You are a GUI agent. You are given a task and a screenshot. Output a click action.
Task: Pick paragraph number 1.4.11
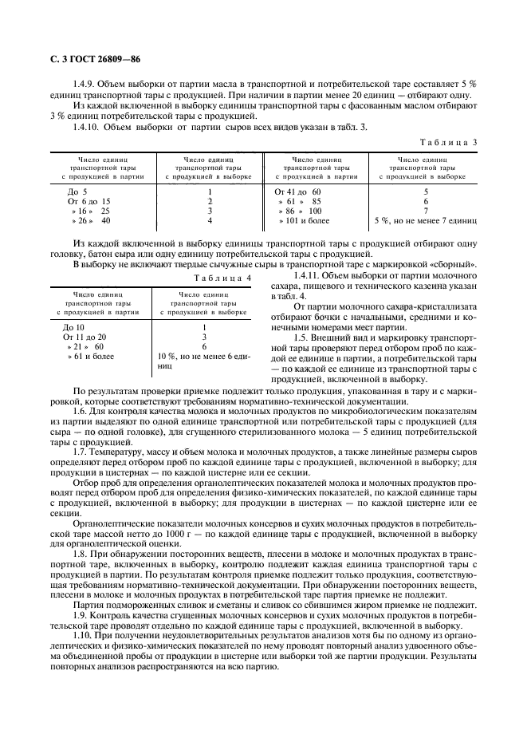click(x=308, y=275)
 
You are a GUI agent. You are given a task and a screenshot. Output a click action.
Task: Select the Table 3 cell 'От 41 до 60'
click(x=297, y=192)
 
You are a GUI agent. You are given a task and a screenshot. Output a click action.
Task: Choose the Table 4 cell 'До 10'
click(x=73, y=328)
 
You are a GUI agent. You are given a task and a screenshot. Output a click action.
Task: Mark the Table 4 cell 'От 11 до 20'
click(x=85, y=337)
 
